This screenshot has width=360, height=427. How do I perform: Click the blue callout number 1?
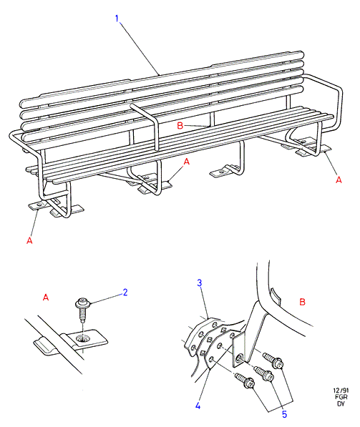(x=117, y=19)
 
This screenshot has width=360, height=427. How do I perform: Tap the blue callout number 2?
(x=125, y=293)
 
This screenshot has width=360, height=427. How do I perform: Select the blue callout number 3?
(x=200, y=283)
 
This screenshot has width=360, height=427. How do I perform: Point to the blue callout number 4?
(x=198, y=406)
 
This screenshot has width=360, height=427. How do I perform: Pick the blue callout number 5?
(x=285, y=414)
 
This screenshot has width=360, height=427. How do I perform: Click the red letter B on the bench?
(x=180, y=126)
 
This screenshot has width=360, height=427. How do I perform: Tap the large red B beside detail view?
(x=302, y=302)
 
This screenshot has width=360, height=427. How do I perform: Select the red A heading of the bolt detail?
(x=46, y=297)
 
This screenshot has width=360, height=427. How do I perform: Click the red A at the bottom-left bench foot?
(x=29, y=240)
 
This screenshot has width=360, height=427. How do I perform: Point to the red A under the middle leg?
(x=186, y=162)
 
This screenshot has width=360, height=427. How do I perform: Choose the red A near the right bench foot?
(x=339, y=180)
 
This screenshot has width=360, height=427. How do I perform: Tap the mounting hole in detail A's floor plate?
(x=82, y=339)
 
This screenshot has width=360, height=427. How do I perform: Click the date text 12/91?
(x=341, y=391)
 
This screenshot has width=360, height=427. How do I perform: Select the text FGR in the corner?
(x=341, y=397)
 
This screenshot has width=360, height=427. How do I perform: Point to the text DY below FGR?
(x=341, y=403)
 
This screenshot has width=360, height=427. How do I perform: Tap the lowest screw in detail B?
(x=245, y=381)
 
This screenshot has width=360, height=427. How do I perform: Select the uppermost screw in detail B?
(x=273, y=360)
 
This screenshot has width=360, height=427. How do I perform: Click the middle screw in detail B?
(x=264, y=374)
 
